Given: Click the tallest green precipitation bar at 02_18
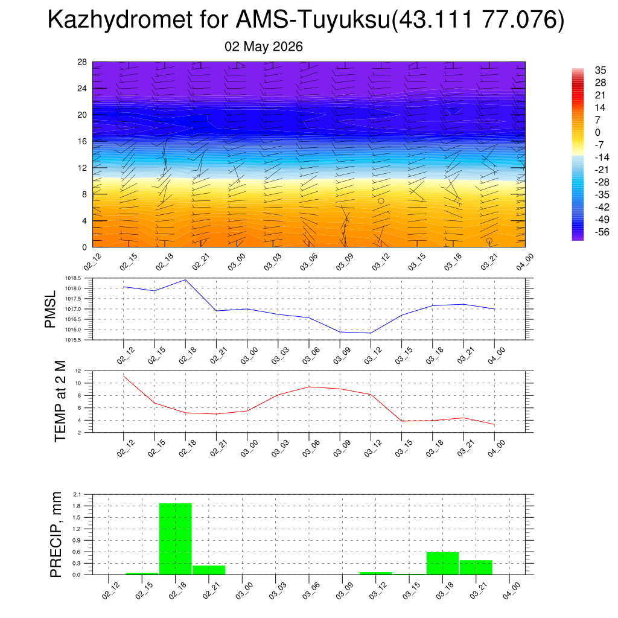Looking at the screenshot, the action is (176, 539).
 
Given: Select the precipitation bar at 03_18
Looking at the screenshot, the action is (442, 563).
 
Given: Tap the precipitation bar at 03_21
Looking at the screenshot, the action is (476, 567).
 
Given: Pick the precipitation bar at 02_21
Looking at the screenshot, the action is (209, 570).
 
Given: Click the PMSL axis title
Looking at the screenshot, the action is (50, 310).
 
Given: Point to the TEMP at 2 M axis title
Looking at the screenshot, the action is (60, 401).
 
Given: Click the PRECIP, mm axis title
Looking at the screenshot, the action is (56, 535).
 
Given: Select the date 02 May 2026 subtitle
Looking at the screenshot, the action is (264, 46).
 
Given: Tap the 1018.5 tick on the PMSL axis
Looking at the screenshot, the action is (73, 278).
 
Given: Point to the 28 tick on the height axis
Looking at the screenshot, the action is (82, 62).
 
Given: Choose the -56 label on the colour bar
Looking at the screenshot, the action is (602, 232).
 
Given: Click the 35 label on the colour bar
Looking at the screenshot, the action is (600, 70).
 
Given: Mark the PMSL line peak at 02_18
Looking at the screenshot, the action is (185, 280).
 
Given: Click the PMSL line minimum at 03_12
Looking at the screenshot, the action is (371, 333).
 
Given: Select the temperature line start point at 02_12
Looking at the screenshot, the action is (124, 377).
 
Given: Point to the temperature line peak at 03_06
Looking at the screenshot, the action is (309, 387).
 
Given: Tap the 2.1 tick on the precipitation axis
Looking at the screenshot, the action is (77, 494).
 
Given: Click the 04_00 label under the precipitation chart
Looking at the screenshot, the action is (512, 591).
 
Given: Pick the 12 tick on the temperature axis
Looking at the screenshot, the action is (78, 371).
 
